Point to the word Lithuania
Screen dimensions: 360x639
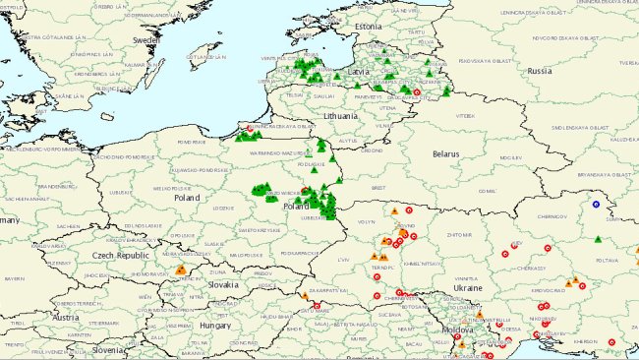(344, 115)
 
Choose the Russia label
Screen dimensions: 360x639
(540, 72)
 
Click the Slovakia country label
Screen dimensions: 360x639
(222, 284)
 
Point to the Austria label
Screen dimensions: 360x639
(65, 318)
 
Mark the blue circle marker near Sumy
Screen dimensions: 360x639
(596, 205)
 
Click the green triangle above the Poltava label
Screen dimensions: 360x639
(599, 239)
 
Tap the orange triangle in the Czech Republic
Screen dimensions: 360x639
(180, 270)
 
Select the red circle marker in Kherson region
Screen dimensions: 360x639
(611, 342)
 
